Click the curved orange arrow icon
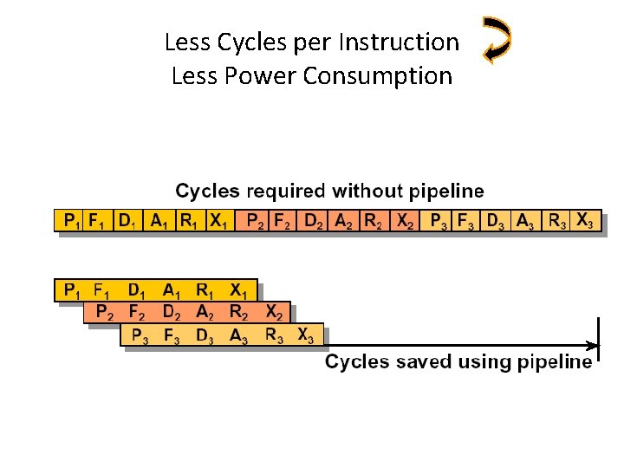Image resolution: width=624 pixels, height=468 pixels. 497,40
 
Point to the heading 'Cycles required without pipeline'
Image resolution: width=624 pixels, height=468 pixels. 330,191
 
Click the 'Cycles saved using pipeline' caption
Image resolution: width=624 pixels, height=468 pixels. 458,361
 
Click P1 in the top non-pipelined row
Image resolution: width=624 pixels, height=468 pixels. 69,222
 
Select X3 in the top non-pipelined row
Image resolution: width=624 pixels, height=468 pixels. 587,221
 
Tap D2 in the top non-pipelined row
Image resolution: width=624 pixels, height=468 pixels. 314,222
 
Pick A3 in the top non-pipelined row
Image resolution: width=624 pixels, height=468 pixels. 525,222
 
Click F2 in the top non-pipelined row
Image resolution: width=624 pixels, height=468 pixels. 283,222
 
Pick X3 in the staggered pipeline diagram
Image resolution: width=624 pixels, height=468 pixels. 306,335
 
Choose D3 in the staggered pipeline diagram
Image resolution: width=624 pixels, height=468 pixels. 205,335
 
